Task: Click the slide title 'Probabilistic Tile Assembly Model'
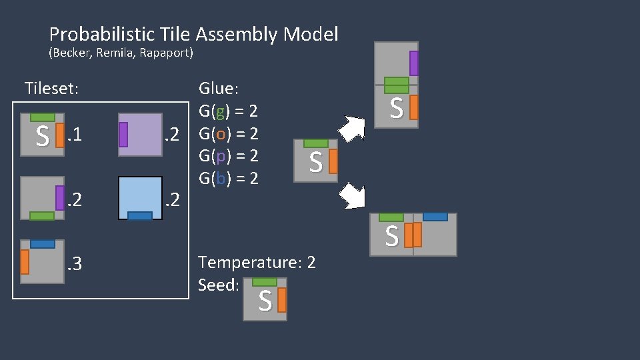(193, 34)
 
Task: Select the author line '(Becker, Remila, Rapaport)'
(121, 53)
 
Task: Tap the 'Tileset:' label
(51, 88)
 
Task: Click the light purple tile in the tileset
(140, 135)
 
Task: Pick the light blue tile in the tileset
(140, 197)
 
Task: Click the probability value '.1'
(74, 136)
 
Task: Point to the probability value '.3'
(73, 265)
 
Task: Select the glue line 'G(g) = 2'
(228, 111)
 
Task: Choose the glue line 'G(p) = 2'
(228, 156)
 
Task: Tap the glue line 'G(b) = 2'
(228, 179)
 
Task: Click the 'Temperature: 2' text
(257, 263)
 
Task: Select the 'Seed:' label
(219, 285)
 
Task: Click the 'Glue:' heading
(218, 89)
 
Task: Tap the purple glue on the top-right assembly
(414, 63)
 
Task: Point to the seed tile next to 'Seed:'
(265, 299)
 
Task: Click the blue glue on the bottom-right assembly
(435, 217)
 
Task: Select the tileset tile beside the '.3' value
(42, 261)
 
